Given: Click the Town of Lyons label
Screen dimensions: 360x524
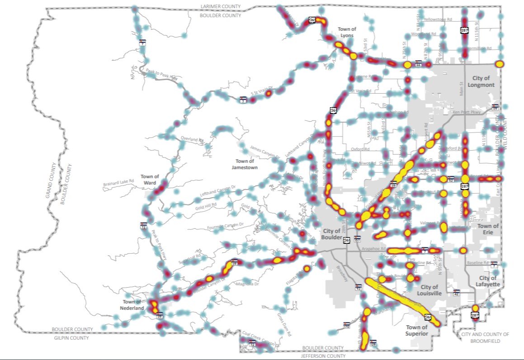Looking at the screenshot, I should click(347, 32).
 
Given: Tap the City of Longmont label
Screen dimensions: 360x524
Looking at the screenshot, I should click(481, 81).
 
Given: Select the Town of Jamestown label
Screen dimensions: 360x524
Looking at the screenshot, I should click(245, 164).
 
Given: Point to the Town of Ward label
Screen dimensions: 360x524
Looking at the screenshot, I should click(150, 180).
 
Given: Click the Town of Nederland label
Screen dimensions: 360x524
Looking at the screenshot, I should click(132, 305).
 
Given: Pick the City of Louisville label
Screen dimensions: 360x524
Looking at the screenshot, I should click(429, 290).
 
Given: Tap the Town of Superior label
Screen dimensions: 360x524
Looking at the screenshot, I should click(416, 330).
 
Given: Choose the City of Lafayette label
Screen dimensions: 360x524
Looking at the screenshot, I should click(488, 281).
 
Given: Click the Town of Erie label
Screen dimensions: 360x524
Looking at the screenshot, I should click(488, 229).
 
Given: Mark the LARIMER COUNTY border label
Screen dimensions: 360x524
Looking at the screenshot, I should click(221, 6).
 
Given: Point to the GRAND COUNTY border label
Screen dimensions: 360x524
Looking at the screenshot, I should click(50, 180).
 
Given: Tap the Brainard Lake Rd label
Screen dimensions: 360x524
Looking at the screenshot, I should click(119, 181).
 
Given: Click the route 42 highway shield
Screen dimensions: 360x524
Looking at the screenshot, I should click(457, 293).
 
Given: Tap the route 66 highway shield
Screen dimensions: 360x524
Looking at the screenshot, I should click(419, 65).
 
